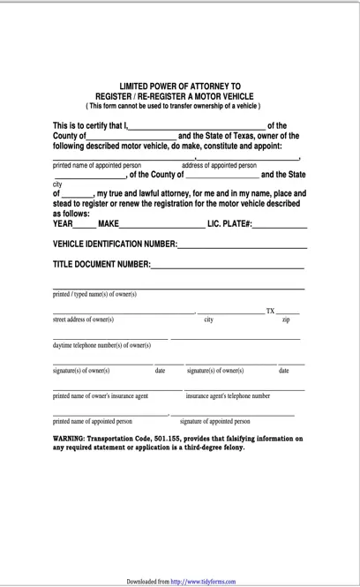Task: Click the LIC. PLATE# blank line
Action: tap(280, 225)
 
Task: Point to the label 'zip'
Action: tap(285, 320)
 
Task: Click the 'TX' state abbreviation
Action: tap(270, 311)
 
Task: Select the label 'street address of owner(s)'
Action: tap(83, 320)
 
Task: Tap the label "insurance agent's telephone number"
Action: tap(228, 396)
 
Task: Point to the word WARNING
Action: tap(71, 438)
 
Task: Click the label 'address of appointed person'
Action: tap(219, 165)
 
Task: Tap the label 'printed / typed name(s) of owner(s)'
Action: tap(94, 294)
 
